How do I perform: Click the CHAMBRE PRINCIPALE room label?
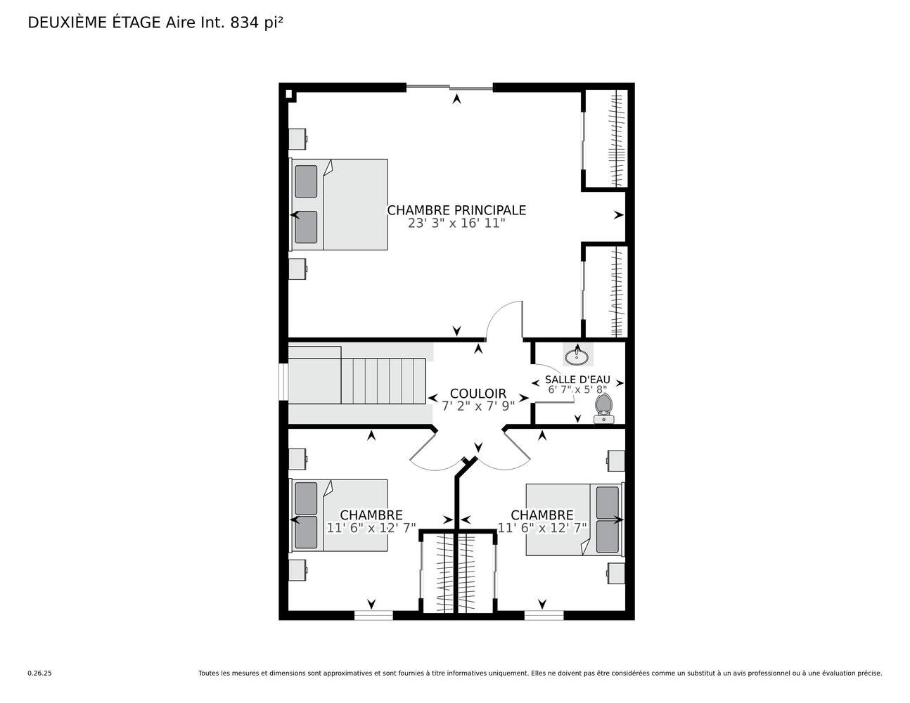click(456, 210)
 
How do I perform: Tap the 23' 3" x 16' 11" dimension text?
click(456, 224)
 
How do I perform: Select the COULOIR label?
click(478, 394)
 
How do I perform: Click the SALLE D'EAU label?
click(577, 380)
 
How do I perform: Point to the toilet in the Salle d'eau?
click(603, 409)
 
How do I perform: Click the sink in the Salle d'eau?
click(577, 356)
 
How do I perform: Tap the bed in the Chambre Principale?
click(339, 205)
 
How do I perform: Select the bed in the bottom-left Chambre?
click(339, 515)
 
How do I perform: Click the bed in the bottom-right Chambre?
click(575, 520)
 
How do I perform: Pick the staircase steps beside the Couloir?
click(383, 381)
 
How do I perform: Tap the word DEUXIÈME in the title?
click(68, 22)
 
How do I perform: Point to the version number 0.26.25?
click(40, 673)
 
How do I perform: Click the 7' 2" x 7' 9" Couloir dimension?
click(478, 406)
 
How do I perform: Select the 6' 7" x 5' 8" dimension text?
click(577, 390)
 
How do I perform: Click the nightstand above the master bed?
click(297, 139)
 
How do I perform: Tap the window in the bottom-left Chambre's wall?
click(373, 615)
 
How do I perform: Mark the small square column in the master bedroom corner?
click(288, 94)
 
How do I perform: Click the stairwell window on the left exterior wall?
click(283, 382)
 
